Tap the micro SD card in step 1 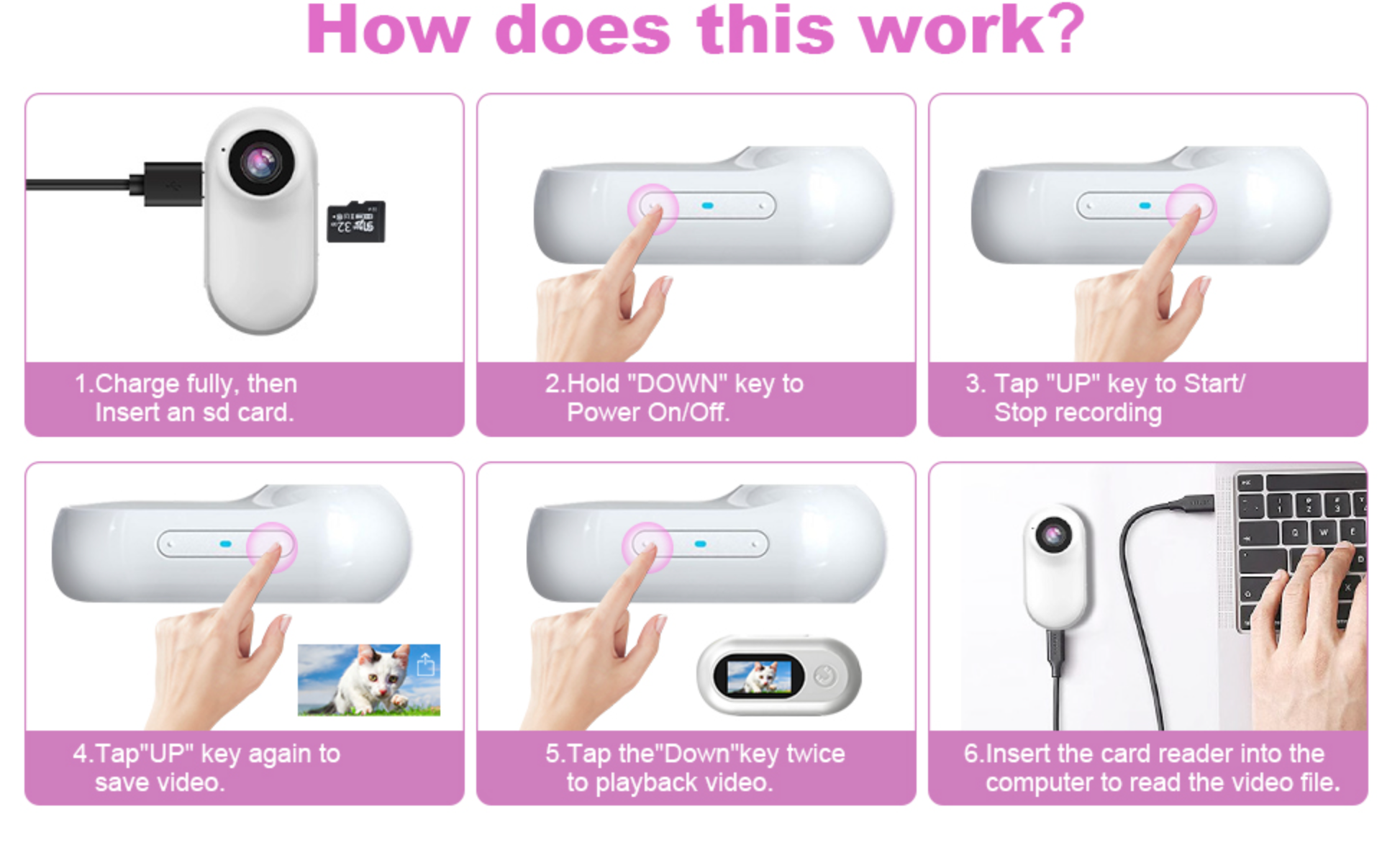pos(356,222)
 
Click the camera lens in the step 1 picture pos(261,162)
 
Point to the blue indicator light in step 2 pos(707,206)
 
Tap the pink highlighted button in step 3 pos(1191,208)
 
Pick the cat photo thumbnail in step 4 pos(369,680)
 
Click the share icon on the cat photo pos(426,664)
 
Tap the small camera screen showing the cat pos(759,676)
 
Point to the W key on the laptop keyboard pos(1324,533)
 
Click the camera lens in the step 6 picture pos(1053,535)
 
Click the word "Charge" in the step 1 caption pos(137,384)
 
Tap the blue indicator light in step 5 pos(700,544)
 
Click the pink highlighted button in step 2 pos(653,208)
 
